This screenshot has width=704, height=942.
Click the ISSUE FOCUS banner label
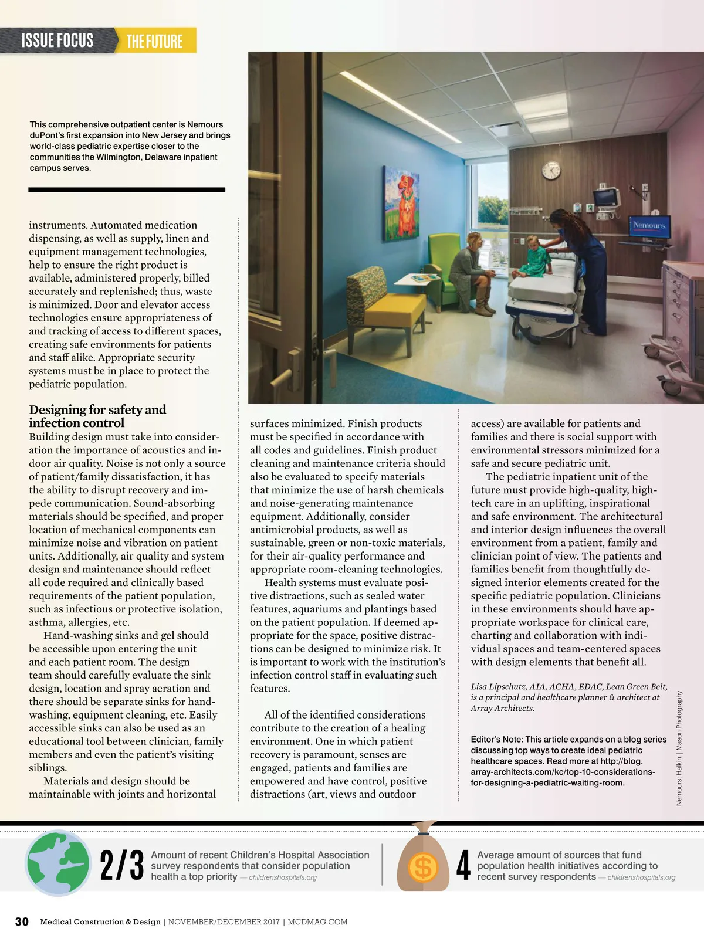(57, 40)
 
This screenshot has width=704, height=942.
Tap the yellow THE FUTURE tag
(154, 41)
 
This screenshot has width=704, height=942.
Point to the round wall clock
(551, 170)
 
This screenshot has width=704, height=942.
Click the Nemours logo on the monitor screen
(649, 225)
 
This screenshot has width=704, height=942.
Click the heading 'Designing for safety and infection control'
(97, 416)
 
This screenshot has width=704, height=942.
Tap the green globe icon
(59, 863)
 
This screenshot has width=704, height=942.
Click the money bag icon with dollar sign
(424, 859)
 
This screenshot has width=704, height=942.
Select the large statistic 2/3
(121, 865)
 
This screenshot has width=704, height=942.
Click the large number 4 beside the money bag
(463, 865)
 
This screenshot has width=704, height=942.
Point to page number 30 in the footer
(22, 921)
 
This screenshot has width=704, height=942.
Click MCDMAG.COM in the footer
(317, 921)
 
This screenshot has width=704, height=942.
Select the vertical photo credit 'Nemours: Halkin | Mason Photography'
(679, 748)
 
